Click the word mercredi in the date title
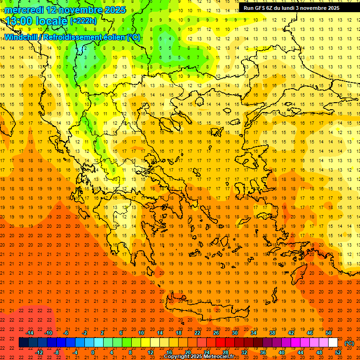24,9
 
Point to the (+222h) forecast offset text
83,21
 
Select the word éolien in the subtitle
114,37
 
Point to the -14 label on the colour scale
30,333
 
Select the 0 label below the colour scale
93,352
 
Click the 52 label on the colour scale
338,352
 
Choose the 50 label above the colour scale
329,333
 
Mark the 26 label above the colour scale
216,333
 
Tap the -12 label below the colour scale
40,352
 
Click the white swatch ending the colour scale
333,343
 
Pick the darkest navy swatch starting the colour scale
24,343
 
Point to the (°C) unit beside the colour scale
349,343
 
